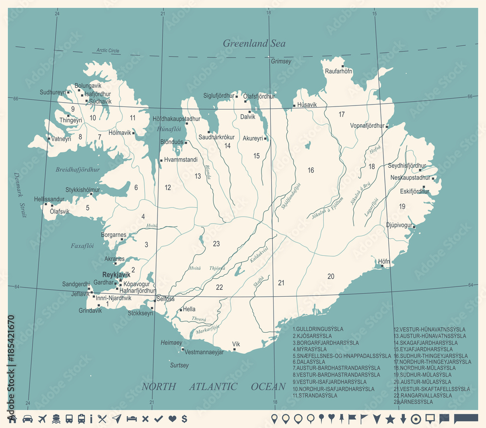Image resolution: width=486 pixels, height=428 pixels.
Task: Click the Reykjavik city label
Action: [116, 275]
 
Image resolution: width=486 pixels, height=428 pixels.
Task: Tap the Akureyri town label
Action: [252, 138]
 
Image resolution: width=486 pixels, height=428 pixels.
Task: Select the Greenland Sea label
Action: [254, 44]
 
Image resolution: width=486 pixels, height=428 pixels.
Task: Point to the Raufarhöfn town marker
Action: [343, 66]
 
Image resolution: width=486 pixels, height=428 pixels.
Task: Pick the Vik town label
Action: [236, 344]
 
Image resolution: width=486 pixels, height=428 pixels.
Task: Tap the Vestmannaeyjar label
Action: [205, 352]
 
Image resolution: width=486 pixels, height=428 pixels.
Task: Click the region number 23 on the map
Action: [216, 244]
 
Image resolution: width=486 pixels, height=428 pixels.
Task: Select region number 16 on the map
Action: [311, 170]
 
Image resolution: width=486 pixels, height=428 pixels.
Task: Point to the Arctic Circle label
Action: [107, 50]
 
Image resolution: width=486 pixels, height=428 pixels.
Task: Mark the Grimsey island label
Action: [280, 62]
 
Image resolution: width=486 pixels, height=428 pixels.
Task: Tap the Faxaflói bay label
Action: [81, 246]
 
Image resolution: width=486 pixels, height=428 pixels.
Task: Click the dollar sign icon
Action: [184, 419]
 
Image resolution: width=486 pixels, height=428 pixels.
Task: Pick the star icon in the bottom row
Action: [390, 419]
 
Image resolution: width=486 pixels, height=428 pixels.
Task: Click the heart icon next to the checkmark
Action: [172, 419]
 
